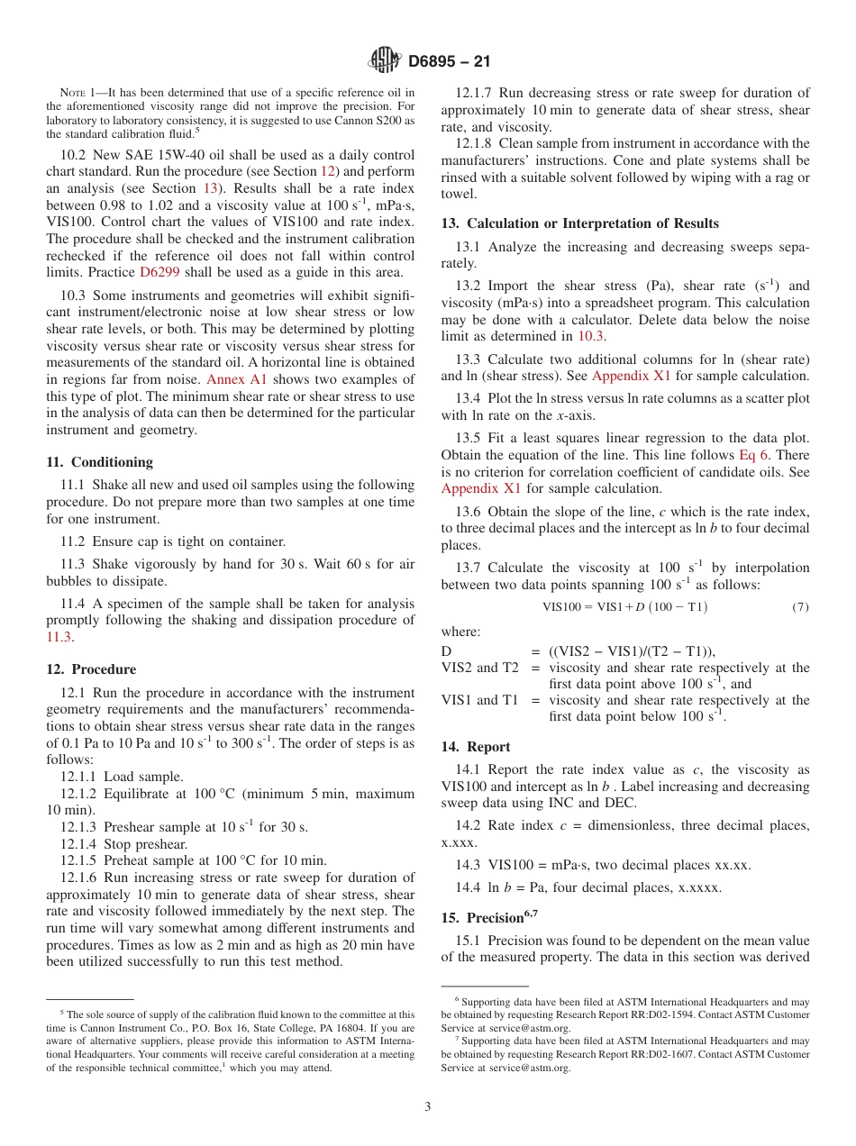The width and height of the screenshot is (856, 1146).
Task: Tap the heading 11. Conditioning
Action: click(99, 462)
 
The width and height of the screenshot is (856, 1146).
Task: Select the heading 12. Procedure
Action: click(91, 669)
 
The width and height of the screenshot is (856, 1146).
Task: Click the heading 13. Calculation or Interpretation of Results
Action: click(579, 223)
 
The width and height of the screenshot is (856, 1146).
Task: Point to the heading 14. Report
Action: click(476, 747)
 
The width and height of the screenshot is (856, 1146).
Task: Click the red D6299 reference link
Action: click(158, 273)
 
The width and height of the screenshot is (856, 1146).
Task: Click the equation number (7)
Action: click(800, 607)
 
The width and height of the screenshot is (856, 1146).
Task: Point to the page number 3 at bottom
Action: click(428, 1106)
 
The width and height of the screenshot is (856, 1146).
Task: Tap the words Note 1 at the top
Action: click(78, 93)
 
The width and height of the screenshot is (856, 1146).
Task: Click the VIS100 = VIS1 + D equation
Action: click(624, 607)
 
